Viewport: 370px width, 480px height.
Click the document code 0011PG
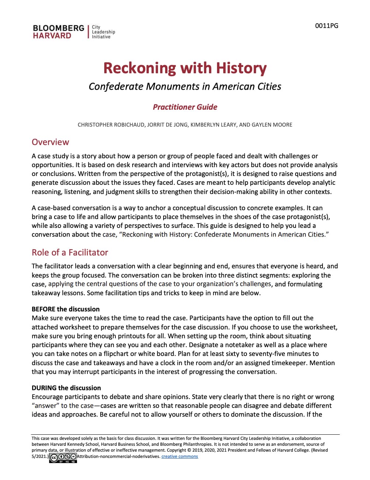click(327, 26)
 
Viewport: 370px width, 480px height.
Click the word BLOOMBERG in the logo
click(58, 28)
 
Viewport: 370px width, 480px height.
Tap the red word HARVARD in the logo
click(52, 36)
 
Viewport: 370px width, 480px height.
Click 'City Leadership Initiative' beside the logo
click(103, 32)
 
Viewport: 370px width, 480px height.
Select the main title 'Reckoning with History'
click(185, 68)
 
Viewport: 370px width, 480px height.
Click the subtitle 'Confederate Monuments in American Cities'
click(185, 87)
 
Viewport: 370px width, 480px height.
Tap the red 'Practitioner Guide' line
click(185, 107)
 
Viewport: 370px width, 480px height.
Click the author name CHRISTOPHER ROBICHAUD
click(111, 125)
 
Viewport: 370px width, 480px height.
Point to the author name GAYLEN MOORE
click(272, 125)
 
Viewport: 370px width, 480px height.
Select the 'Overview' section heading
click(50, 142)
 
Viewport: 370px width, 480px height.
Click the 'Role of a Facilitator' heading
click(70, 253)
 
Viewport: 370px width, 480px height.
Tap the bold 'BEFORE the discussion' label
click(66, 309)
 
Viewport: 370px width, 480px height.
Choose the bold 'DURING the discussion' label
click(66, 388)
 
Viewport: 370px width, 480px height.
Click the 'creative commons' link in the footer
click(179, 456)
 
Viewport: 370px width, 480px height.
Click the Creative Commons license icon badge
click(63, 458)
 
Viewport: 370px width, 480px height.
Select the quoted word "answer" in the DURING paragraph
click(45, 406)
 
